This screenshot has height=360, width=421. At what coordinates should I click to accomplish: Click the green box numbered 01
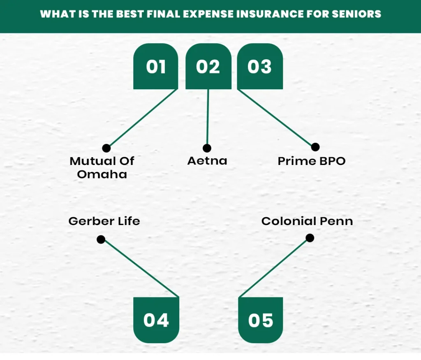155,67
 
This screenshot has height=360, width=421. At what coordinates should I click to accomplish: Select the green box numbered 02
208,67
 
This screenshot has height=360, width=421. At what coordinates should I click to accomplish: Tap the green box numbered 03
260,67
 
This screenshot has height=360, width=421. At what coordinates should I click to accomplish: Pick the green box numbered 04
156,320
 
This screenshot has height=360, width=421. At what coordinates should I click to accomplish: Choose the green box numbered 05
261,320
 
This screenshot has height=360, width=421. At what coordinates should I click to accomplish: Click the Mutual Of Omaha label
102,167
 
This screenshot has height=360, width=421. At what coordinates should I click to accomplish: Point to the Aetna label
207,160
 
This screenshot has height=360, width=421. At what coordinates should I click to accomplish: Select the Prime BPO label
312,161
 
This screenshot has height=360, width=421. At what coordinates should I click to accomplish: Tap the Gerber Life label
104,221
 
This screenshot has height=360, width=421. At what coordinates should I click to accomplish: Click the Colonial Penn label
307,221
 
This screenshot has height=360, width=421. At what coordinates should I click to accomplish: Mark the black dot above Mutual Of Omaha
106,148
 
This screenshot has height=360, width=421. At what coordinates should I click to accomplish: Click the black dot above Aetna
207,148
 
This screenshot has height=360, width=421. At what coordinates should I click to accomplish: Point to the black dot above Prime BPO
315,147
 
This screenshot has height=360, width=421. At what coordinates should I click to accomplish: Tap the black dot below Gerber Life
101,239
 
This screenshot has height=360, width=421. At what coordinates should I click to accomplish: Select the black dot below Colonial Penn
310,238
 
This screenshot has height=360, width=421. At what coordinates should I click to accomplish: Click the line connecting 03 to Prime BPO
276,118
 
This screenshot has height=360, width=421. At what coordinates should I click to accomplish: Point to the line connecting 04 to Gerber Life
140,268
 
